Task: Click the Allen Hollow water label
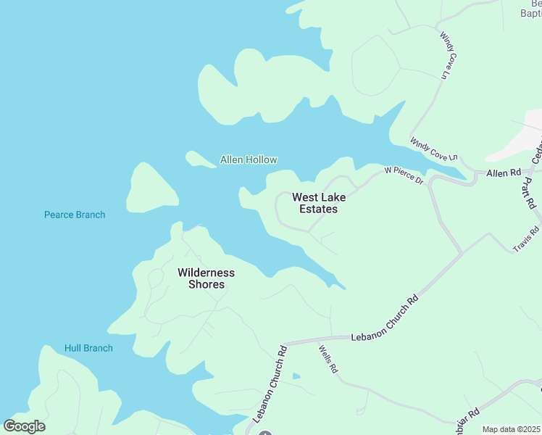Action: point(248,159)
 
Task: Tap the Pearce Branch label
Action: point(75,215)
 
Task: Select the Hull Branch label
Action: point(88,348)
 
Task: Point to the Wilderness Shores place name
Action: point(207,278)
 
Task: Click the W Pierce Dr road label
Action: point(404,175)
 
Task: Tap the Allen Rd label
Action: point(504,173)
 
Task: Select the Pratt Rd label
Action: point(528,194)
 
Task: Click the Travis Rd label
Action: point(527,239)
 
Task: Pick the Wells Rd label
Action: point(328,359)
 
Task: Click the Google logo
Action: point(24,426)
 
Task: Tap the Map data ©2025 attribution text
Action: point(511,429)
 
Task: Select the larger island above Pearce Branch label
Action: point(151,188)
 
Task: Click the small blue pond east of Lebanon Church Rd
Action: point(296,376)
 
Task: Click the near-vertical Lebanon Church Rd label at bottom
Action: point(270,384)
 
